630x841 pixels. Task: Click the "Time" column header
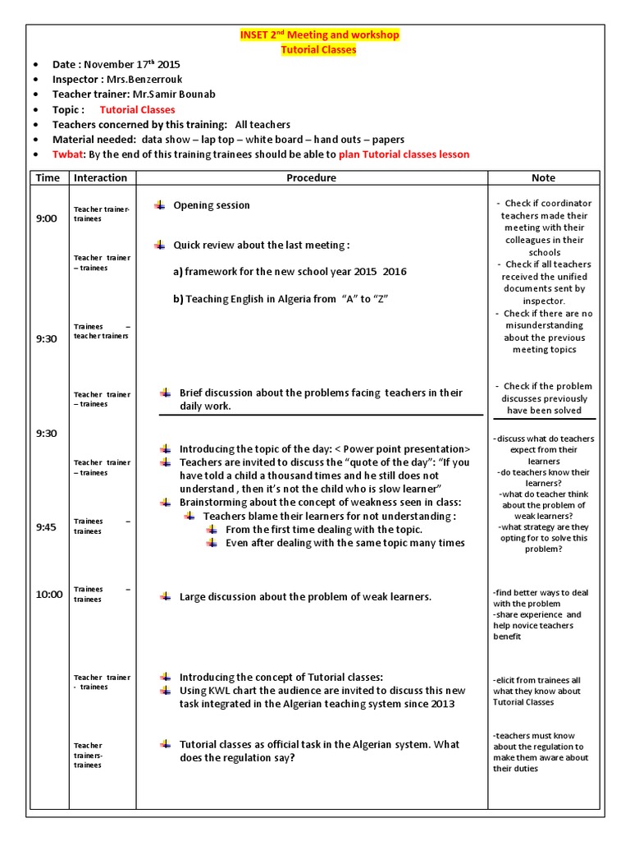[x=48, y=177]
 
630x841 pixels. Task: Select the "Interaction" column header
[x=100, y=177]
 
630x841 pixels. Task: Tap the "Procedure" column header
[x=311, y=177]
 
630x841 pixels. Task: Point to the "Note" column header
[x=543, y=177]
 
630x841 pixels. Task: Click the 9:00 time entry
[x=47, y=218]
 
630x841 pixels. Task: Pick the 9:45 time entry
[x=47, y=527]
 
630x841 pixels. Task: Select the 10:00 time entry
[x=48, y=595]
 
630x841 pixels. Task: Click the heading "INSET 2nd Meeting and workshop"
[x=319, y=35]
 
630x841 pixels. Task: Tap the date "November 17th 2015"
[x=132, y=64]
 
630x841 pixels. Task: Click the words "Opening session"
[x=212, y=205]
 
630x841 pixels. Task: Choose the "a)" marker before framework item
[x=177, y=272]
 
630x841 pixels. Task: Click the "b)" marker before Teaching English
[x=177, y=300]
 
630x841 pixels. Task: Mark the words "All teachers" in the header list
[x=262, y=125]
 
